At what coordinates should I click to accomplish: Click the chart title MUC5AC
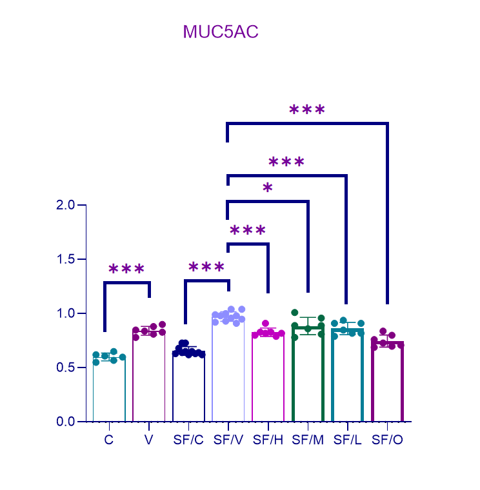(221, 32)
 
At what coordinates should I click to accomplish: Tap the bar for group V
(149, 380)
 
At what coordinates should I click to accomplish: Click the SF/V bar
(228, 374)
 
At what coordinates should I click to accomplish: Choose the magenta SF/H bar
(268, 380)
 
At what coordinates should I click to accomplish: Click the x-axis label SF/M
(308, 440)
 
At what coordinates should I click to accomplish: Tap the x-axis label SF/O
(388, 440)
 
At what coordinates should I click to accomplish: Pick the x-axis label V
(149, 440)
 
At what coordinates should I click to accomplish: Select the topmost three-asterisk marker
(307, 110)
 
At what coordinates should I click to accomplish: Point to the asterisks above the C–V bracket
(126, 269)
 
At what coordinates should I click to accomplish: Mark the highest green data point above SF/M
(295, 313)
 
